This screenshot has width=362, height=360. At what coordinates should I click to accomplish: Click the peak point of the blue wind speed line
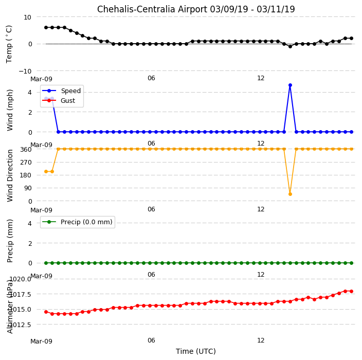pos(290,85)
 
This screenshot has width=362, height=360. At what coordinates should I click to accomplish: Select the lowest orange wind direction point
pos(290,194)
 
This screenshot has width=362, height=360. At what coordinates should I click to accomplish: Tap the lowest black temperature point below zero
pos(290,46)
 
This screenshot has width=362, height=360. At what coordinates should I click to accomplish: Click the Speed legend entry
pos(61,91)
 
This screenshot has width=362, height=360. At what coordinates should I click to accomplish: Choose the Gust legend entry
pos(59,100)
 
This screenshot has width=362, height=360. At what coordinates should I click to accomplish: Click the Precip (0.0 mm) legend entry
pos(77,222)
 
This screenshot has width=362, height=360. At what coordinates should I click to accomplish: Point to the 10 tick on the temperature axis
pos(27,17)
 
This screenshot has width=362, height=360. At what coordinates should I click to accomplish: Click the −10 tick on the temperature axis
pos(25,71)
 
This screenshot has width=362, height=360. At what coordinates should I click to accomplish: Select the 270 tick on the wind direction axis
pos(26,163)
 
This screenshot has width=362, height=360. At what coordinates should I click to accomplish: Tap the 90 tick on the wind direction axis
pos(28,188)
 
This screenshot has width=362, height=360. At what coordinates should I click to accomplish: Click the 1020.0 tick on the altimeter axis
pos(21,279)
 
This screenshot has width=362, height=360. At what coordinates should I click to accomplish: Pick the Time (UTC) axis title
pos(196,351)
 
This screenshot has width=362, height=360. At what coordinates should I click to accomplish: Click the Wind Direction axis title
pos(10,176)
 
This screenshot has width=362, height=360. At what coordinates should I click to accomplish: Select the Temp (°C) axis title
pos(9,44)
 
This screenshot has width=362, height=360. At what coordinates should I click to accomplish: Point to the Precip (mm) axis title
pos(10,241)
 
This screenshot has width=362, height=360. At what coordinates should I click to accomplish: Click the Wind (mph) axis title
pos(10,110)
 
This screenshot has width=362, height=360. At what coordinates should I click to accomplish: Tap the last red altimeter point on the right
pos(351,292)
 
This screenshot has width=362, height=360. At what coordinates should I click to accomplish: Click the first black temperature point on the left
pos(46,27)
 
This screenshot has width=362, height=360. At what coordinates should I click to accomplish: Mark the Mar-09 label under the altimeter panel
pos(41,341)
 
